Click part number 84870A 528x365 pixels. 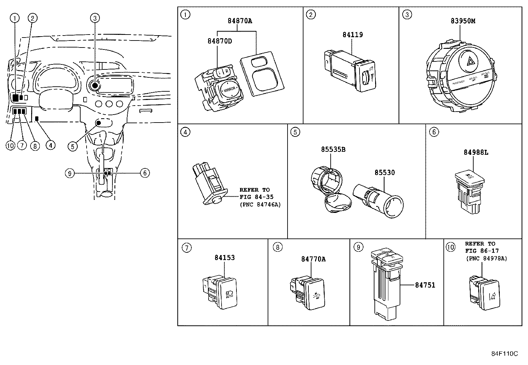(x=240, y=21)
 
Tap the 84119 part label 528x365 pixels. (x=353, y=35)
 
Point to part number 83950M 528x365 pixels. (x=463, y=21)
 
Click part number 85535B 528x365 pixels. (x=333, y=149)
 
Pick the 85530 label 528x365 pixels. (x=385, y=172)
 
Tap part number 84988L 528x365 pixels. (x=476, y=152)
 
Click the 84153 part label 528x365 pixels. (x=225, y=257)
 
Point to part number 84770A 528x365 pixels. (x=313, y=259)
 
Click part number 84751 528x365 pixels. (x=425, y=285)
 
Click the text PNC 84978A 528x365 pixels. (x=486, y=258)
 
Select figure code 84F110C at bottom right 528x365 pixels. (x=504, y=353)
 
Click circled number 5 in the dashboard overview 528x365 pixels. (x=73, y=146)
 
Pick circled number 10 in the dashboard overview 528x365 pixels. (x=10, y=145)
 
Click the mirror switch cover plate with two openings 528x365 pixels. (x=262, y=74)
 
